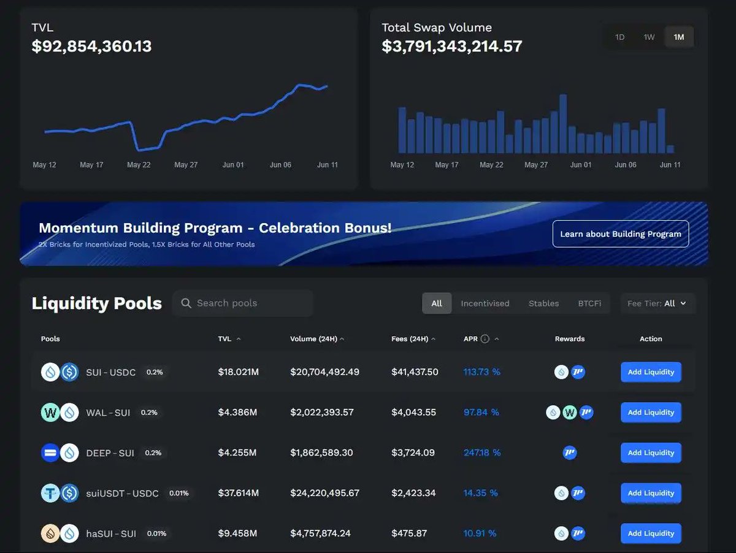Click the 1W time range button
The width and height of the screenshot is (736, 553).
coord(649,37)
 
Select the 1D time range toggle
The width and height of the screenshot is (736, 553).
coord(619,37)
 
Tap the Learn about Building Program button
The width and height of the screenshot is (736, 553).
coord(620,234)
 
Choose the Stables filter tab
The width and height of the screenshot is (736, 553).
coord(543,303)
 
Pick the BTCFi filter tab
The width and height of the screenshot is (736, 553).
coord(589,303)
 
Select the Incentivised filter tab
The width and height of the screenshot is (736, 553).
coord(485,303)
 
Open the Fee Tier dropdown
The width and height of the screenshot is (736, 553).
coord(657,303)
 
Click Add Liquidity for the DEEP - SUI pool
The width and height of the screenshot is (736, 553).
coord(651,453)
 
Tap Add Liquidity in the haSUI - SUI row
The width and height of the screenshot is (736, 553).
coord(651,533)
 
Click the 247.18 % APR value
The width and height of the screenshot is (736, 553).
coord(482,453)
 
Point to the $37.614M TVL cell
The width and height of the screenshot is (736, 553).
coord(239,493)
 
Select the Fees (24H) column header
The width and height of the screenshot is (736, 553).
coord(410,339)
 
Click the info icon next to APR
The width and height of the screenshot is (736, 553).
coord(485,339)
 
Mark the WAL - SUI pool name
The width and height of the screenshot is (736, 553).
coord(108,413)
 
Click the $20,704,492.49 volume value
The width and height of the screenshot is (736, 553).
coord(324,372)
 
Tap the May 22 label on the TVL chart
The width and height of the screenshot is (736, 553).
coord(139,165)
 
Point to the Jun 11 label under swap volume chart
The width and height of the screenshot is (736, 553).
coord(670,165)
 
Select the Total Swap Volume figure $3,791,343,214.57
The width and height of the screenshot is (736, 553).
coord(451,47)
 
